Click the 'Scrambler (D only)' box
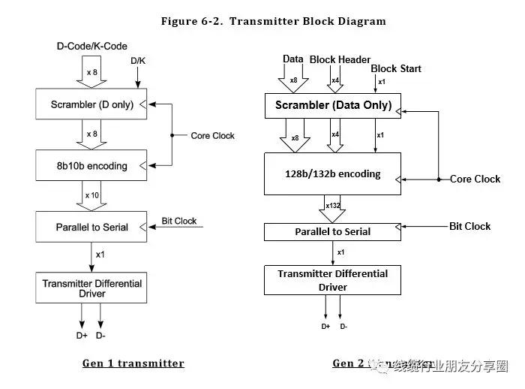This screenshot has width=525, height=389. [x=91, y=104]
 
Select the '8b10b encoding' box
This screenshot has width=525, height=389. [x=91, y=165]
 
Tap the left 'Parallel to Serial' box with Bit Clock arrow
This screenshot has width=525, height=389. [x=91, y=227]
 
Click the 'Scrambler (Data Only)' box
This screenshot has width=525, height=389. [x=333, y=105]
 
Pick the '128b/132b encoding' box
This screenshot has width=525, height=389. [x=333, y=174]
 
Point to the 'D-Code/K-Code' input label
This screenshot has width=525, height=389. [x=92, y=47]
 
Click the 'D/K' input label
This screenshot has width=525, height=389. [x=139, y=60]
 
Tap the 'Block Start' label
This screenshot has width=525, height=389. [x=396, y=68]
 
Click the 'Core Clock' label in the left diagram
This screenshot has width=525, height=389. [x=212, y=136]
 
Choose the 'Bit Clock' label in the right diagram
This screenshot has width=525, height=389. [x=469, y=226]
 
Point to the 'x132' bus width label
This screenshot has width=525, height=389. [x=333, y=205]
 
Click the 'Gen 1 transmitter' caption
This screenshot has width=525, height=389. [x=133, y=363]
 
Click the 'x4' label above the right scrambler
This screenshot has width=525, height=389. [x=335, y=81]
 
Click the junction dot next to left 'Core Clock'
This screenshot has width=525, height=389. [x=172, y=136]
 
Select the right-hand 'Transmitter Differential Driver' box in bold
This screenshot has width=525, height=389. [x=333, y=280]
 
